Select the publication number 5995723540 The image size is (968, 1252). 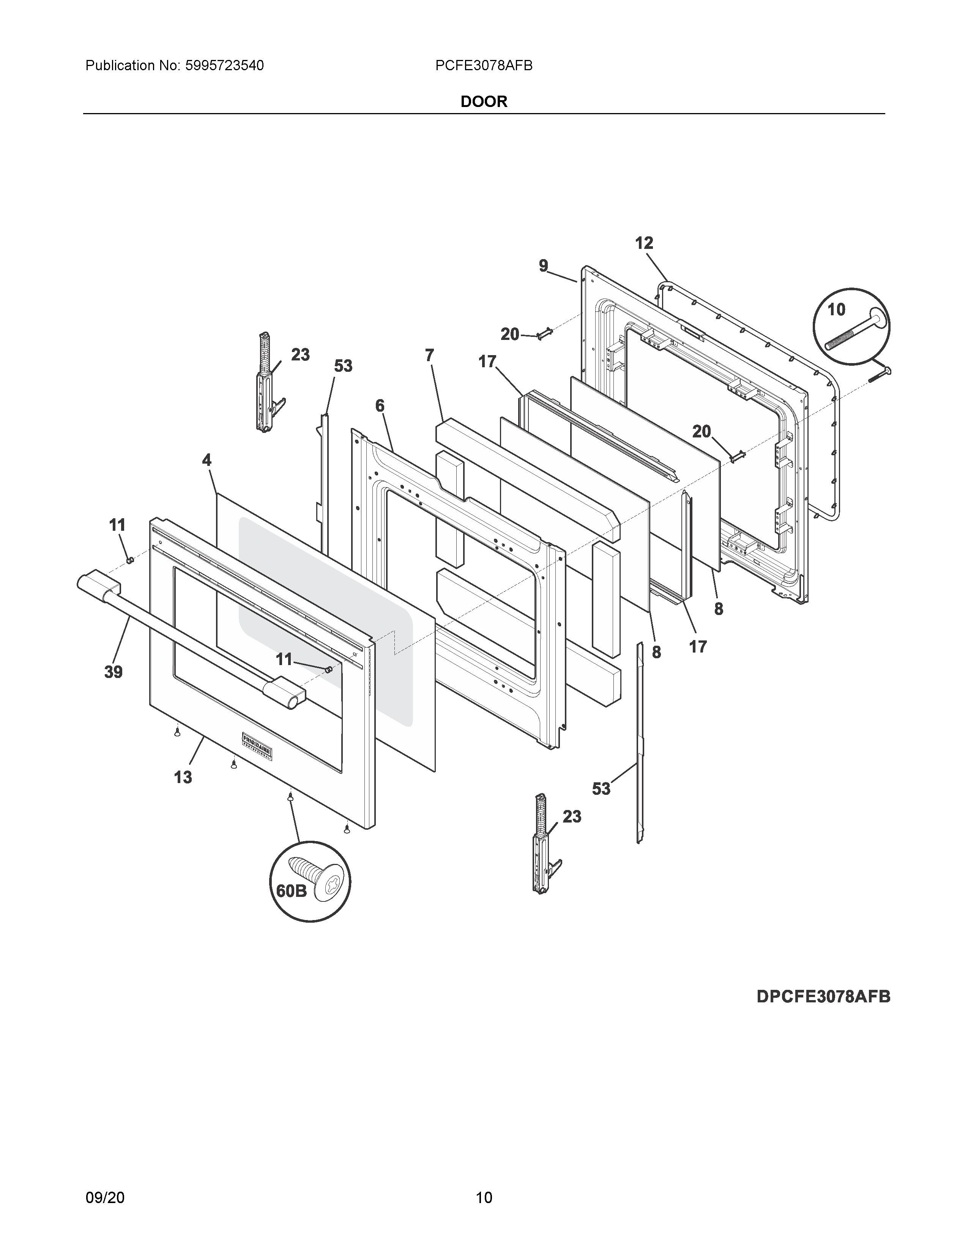click(224, 66)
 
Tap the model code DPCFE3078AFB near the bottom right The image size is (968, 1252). click(823, 996)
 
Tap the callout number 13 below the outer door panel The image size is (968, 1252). click(183, 777)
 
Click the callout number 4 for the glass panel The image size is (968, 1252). click(207, 460)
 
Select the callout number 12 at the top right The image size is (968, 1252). click(644, 243)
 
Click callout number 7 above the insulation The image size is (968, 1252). click(429, 355)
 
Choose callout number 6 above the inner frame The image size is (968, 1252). click(380, 406)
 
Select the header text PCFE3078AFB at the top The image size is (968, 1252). click(483, 66)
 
